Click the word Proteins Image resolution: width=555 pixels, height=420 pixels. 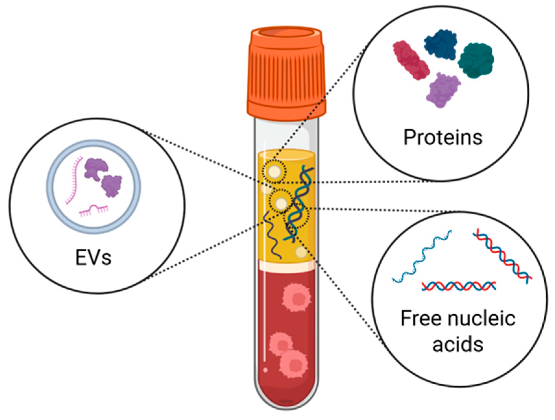443,138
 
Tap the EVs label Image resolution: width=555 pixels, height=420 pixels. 93,258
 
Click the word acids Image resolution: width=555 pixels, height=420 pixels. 457,344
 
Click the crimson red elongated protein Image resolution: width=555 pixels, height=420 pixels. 411,60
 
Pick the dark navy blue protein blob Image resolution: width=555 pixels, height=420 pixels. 441,44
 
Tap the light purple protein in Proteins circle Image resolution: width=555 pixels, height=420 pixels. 443,90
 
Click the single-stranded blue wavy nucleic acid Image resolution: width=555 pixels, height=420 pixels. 421,256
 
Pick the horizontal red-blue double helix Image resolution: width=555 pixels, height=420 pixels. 459,286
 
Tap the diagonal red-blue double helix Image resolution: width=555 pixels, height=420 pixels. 502,256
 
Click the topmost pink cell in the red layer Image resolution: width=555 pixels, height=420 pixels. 296,297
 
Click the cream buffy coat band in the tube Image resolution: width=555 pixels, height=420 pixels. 287,267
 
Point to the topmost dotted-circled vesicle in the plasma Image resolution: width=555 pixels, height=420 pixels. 274,171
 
